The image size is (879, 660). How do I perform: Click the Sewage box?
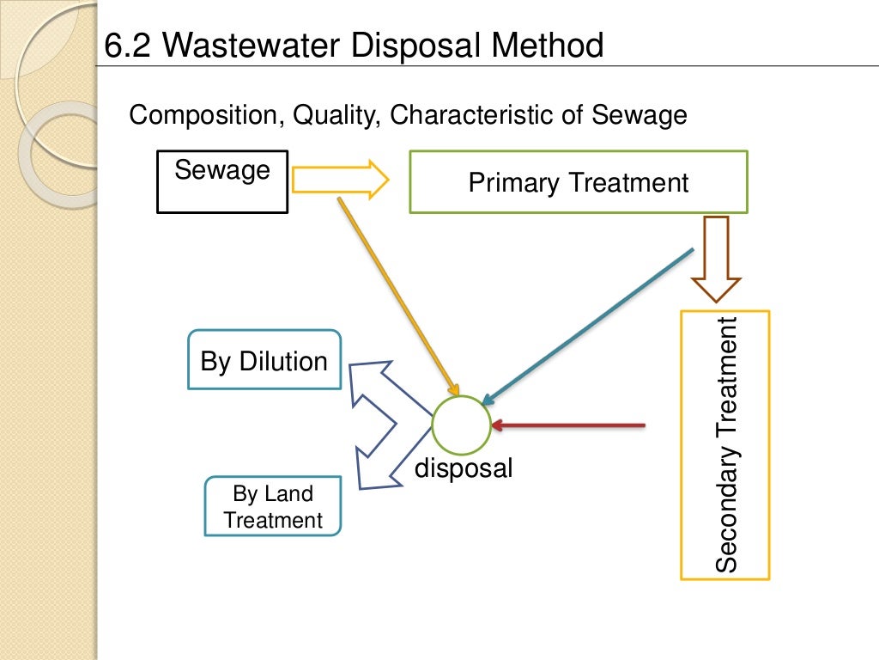click(222, 181)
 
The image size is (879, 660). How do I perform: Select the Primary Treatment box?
click(578, 182)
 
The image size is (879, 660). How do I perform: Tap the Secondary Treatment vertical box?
click(725, 445)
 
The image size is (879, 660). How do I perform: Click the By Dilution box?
click(264, 360)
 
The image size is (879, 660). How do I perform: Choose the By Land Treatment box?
click(273, 507)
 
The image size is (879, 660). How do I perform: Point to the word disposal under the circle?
click(464, 468)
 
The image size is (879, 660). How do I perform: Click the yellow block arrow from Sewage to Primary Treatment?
click(340, 180)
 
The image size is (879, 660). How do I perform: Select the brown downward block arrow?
click(716, 258)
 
